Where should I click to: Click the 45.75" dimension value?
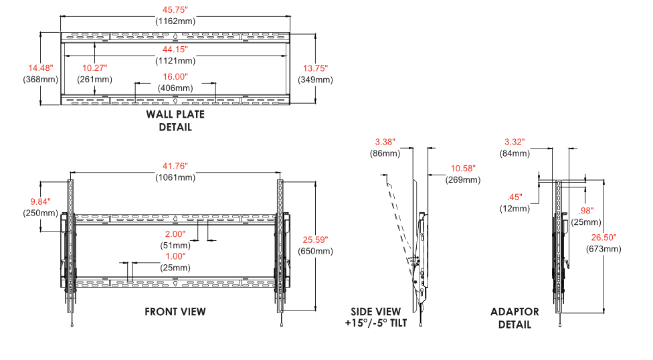pos(175,9)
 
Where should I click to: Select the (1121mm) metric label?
pos(175,61)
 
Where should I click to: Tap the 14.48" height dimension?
pos(40,68)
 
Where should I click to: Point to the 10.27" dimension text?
pos(94,68)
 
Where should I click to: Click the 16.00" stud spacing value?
pos(175,77)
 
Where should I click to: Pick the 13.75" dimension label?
pos(315,68)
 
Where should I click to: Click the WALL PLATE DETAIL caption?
pos(175,121)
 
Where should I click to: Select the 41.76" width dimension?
pos(175,166)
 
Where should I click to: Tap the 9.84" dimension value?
pos(40,201)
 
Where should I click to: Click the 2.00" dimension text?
pos(175,234)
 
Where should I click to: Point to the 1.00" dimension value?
pos(175,257)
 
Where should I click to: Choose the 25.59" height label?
pos(315,240)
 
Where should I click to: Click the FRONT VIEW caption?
pos(175,312)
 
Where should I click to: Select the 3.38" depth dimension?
pos(385,142)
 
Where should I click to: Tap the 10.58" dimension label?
pos(463,169)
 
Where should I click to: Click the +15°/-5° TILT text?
pos(375,323)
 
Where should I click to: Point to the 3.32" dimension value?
pos(515,142)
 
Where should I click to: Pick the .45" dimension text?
pos(515,197)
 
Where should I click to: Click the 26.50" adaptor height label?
pos(603,238)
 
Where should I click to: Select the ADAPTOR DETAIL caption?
pos(515,319)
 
